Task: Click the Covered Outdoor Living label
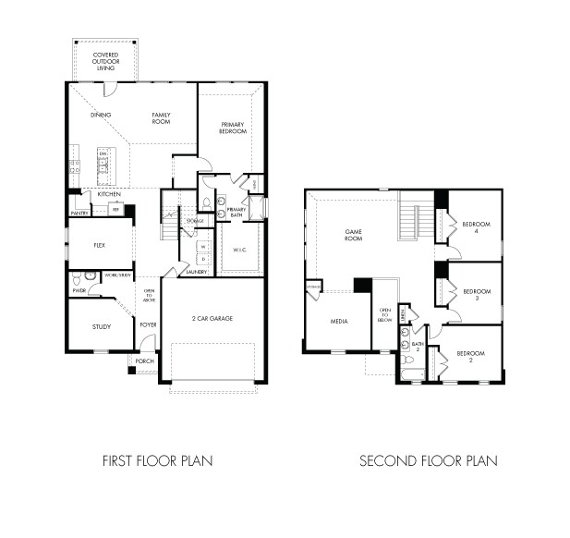[x=107, y=61]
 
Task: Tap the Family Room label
[x=163, y=118]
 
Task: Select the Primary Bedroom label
[x=233, y=128]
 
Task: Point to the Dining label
[x=101, y=115]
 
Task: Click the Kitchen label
[x=110, y=194]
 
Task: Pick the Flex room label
[x=100, y=247]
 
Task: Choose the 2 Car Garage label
[x=213, y=318]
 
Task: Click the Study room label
[x=101, y=327]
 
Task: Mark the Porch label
[x=145, y=361]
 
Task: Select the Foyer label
[x=148, y=324]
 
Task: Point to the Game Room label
[x=353, y=235]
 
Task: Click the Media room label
[x=338, y=321]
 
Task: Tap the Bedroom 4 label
[x=476, y=227]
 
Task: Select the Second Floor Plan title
[x=428, y=459]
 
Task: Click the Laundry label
[x=196, y=272]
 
